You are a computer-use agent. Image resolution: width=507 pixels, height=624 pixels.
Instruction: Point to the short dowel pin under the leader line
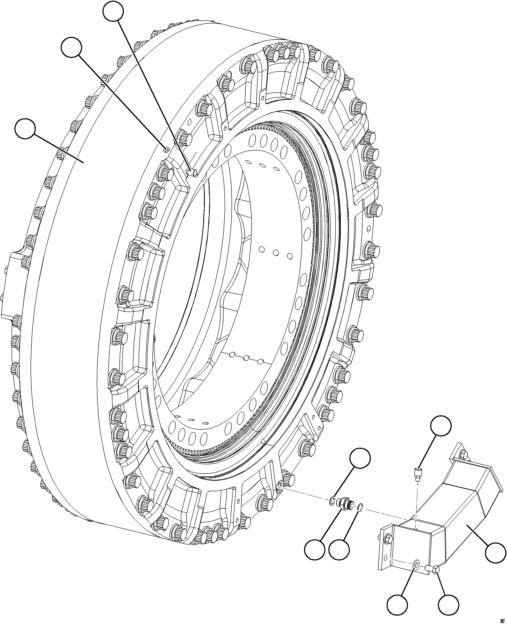coord(191,172)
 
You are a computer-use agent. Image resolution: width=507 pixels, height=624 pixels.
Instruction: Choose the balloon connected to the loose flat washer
coord(397,605)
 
